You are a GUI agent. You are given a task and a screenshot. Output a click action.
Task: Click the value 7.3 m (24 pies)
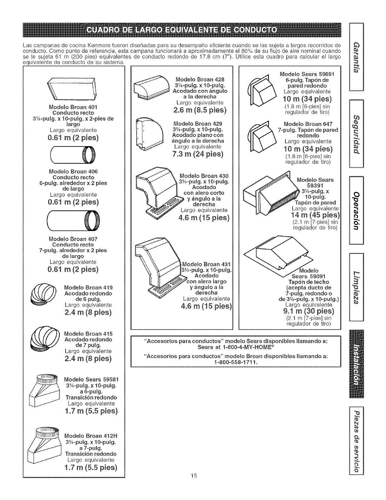(198, 154)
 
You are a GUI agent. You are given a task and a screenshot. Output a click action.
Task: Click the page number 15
(194, 484)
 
